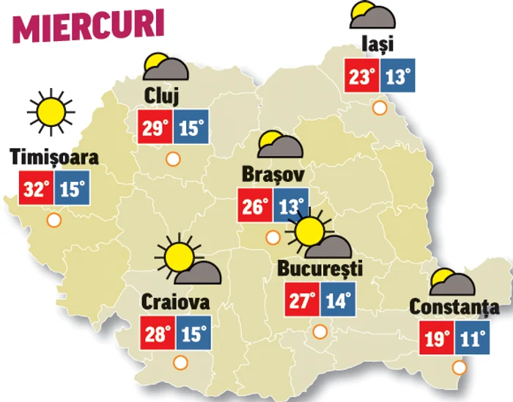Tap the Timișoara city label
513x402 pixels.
pos(54,158)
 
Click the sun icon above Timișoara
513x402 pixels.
pos(51,111)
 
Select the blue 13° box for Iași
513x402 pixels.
pos(398,76)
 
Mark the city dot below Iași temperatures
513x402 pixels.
pos(379,108)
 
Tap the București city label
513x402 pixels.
pos(320,269)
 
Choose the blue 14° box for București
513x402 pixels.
pos(336,301)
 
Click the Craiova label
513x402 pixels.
pos(176,301)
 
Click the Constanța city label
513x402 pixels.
pos(454,307)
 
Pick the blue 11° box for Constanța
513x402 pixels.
pos(471,338)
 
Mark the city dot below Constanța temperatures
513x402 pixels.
pos(460,368)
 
